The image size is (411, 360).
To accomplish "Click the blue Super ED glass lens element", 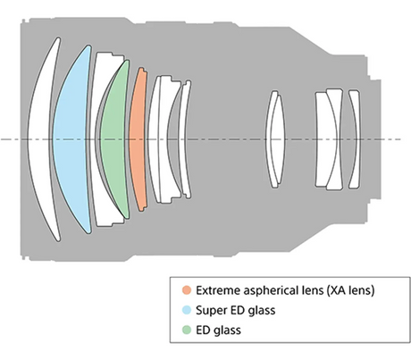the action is (71, 139).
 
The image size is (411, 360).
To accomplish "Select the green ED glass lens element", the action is (113, 139).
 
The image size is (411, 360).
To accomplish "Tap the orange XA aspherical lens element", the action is (138, 139).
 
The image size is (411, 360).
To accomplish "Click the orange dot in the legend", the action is (187, 290).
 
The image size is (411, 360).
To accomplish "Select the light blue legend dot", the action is (187, 310).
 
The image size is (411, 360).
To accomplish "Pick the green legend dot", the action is (187, 330).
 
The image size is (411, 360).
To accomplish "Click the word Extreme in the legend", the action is (218, 290).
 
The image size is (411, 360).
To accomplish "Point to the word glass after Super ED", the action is (262, 311).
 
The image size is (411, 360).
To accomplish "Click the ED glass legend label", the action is (218, 331).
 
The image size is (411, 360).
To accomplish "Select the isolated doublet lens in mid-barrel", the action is (275, 139).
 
